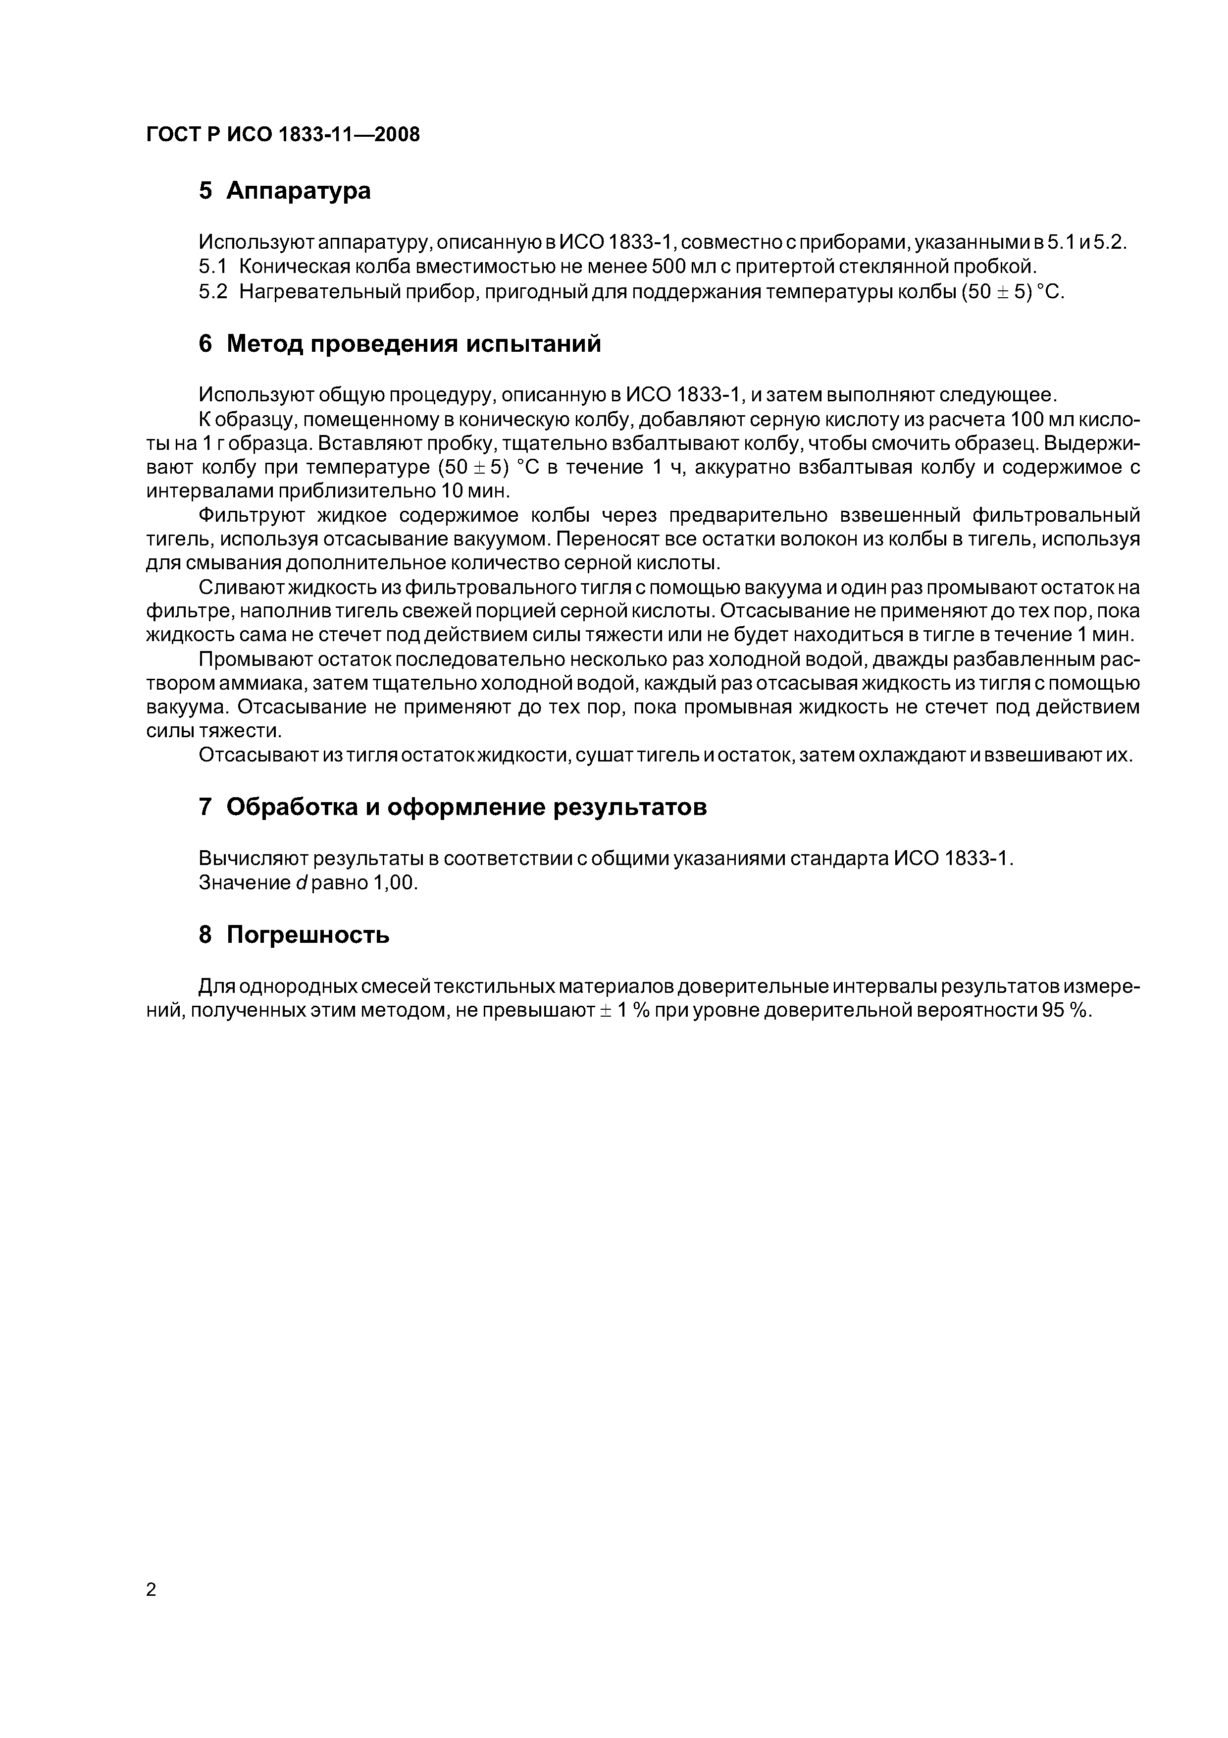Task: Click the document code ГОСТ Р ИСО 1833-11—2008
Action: pyautogui.click(x=282, y=135)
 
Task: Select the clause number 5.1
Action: pyautogui.click(x=212, y=267)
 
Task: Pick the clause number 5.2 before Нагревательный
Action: pyautogui.click(x=212, y=292)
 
